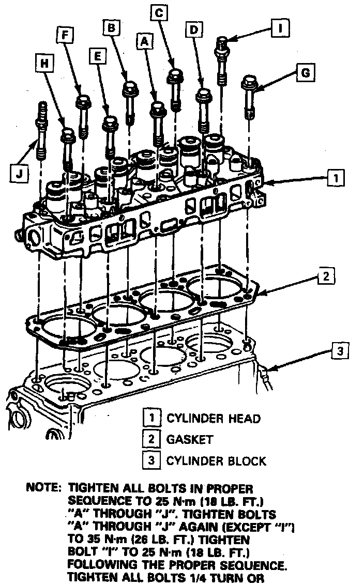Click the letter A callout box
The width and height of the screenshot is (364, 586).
(x=144, y=41)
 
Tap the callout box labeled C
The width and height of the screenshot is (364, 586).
(x=159, y=13)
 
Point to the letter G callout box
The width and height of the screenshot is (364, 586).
(x=306, y=72)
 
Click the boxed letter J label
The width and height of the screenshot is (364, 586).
(x=19, y=173)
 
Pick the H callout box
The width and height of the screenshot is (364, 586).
(x=44, y=63)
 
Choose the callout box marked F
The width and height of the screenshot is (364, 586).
(x=65, y=36)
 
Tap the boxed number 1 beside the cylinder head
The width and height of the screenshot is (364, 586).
(x=336, y=178)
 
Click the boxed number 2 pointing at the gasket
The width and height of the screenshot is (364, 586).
(x=326, y=276)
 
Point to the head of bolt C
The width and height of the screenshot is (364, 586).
(x=175, y=76)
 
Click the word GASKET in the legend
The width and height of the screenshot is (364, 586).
(x=190, y=439)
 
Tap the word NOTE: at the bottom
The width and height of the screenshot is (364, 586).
(x=43, y=488)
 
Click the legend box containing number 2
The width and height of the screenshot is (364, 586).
(x=151, y=439)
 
